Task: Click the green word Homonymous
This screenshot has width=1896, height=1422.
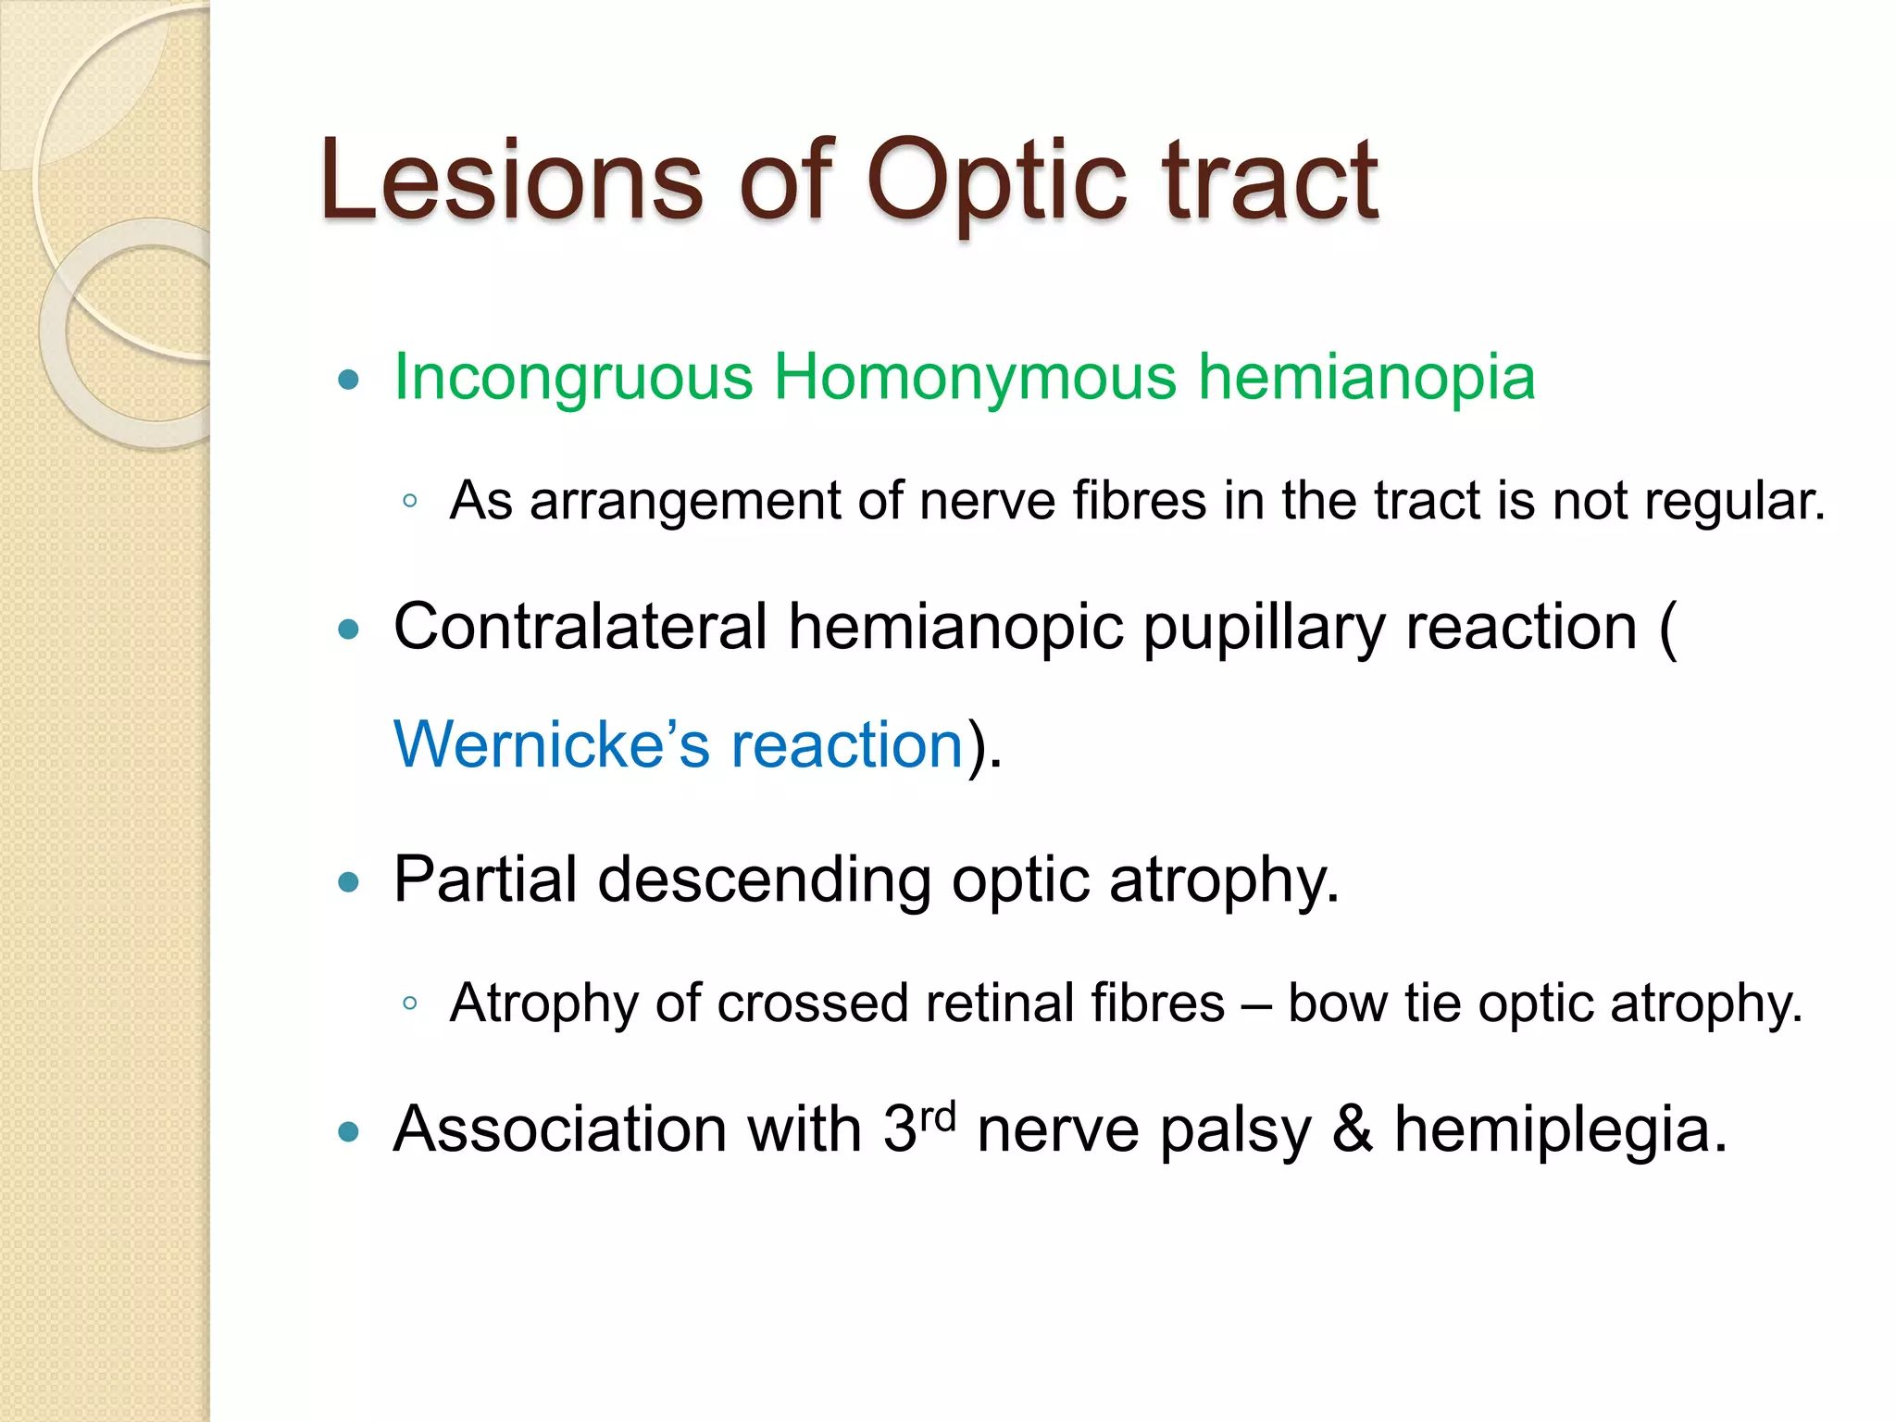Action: [975, 378]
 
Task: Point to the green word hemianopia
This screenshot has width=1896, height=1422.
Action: [1366, 378]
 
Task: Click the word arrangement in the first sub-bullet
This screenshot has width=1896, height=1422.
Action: [684, 502]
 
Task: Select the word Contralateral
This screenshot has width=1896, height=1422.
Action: [580, 628]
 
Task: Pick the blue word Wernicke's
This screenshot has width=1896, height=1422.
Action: [552, 744]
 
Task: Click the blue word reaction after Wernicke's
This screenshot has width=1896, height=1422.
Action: [847, 746]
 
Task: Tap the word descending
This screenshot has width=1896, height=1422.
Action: [764, 879]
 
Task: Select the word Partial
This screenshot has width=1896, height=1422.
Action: [484, 879]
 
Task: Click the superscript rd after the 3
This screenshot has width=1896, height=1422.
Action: [938, 1116]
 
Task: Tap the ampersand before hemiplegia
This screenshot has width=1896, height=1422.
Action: [1352, 1129]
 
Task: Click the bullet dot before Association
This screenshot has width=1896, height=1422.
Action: [348, 1131]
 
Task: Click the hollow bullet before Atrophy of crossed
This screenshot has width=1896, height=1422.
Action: [410, 1004]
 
